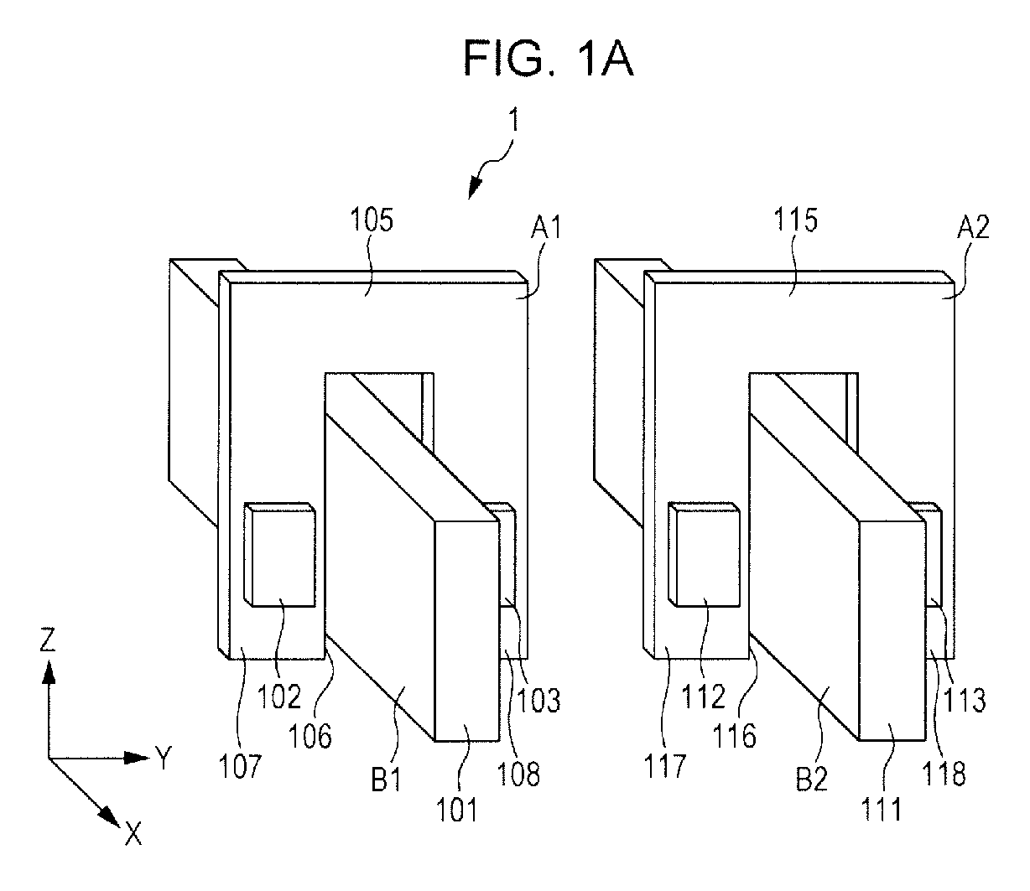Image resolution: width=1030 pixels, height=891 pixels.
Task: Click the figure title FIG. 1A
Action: click(x=549, y=58)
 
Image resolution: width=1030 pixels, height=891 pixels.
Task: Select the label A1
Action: click(x=546, y=228)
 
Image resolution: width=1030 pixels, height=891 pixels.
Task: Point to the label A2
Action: click(x=973, y=228)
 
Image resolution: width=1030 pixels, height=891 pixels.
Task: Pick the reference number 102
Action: click(x=279, y=696)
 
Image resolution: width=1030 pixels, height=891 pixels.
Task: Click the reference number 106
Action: click(x=310, y=736)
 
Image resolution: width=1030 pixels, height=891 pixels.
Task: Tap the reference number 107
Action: click(x=240, y=766)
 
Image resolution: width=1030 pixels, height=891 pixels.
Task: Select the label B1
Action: click(x=386, y=779)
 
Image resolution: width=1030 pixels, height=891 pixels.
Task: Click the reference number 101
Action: click(x=456, y=810)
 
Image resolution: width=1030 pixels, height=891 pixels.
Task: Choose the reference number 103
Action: click(x=538, y=699)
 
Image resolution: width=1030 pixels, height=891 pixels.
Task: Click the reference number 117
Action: click(x=665, y=765)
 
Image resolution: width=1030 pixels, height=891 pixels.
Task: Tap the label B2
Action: click(x=812, y=779)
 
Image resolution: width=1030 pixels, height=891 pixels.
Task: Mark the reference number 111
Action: click(x=882, y=810)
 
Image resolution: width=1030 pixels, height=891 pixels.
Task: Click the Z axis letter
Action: click(x=47, y=640)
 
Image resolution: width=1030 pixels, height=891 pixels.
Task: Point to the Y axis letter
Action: click(x=164, y=758)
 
